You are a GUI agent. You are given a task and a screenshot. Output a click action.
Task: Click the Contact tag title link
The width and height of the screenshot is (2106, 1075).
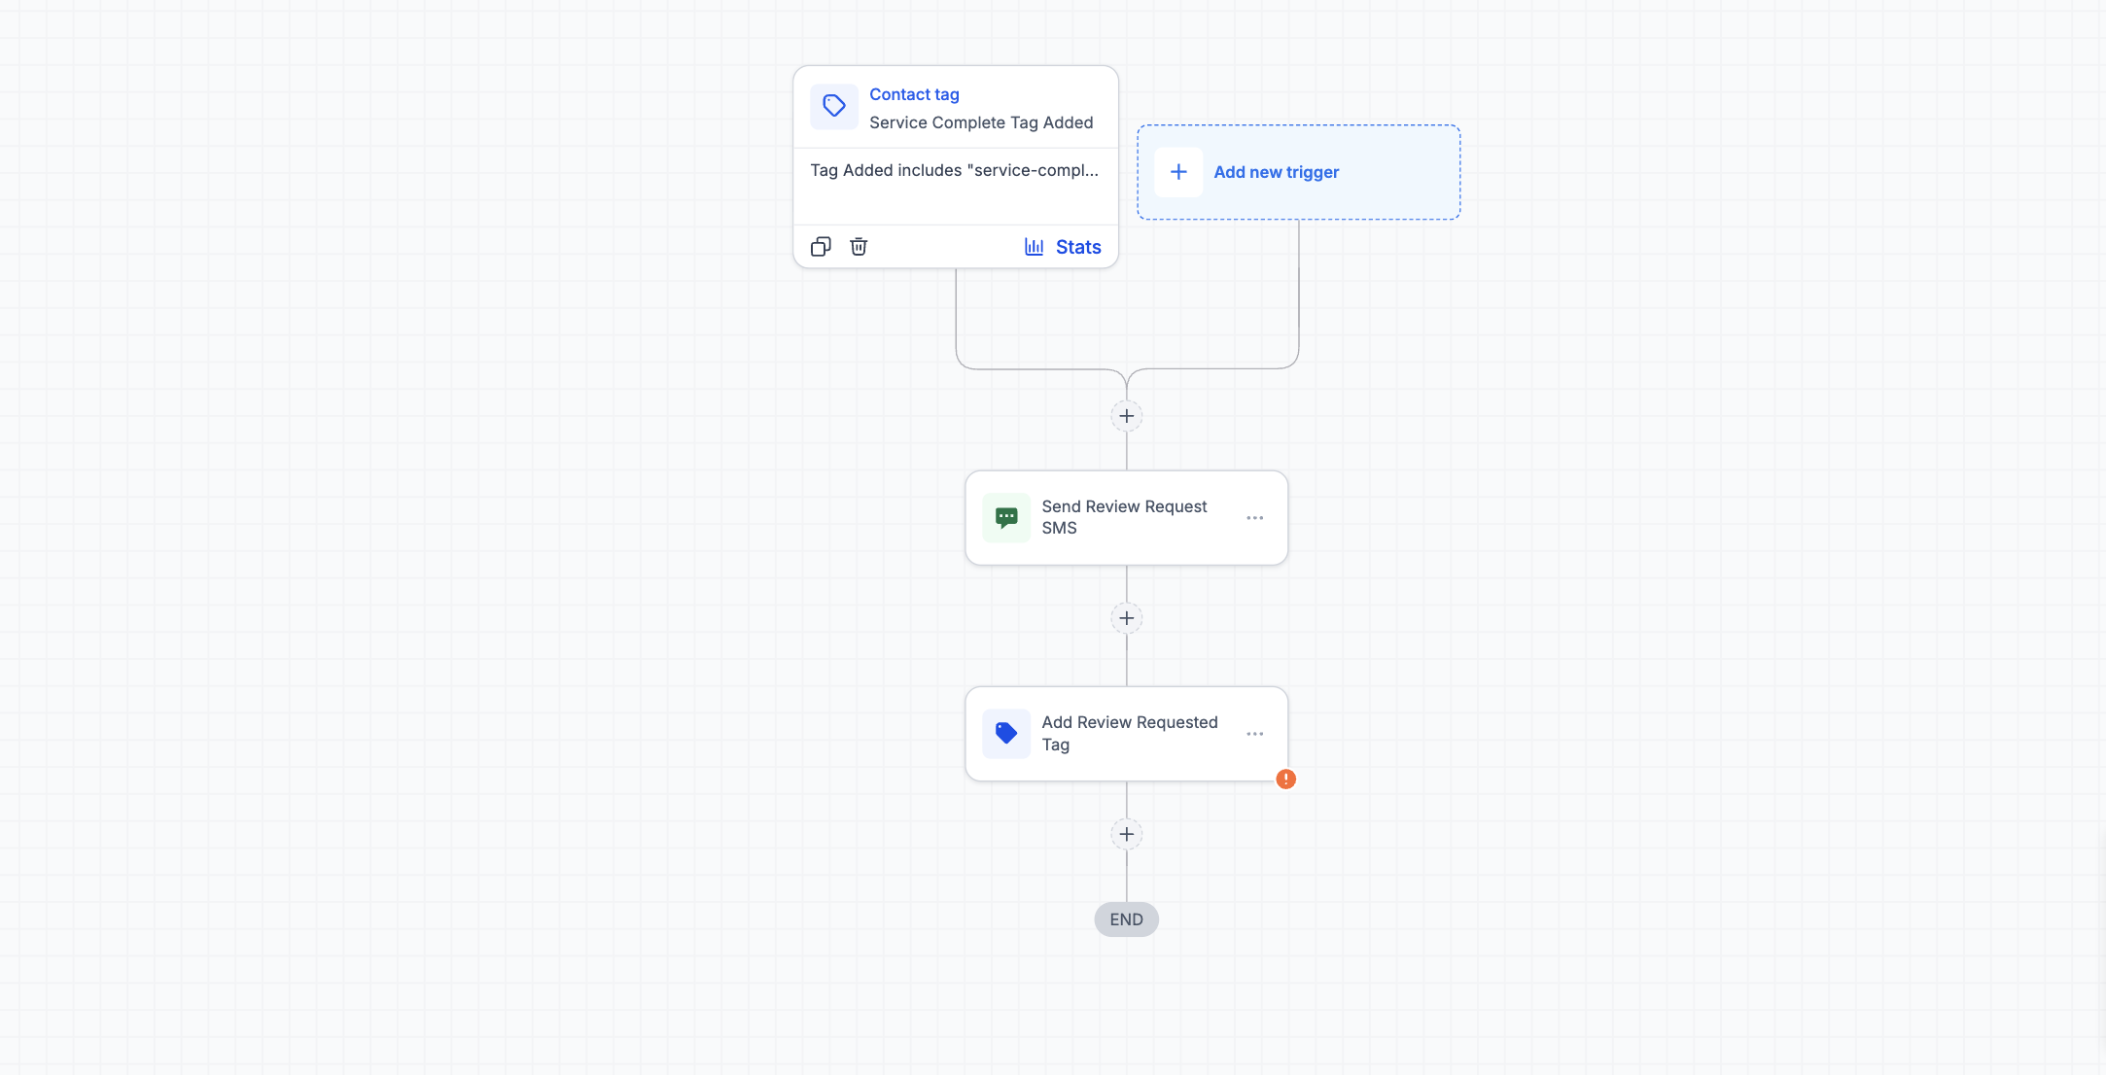point(914,94)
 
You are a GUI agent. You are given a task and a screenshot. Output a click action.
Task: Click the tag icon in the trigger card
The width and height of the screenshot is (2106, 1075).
point(834,106)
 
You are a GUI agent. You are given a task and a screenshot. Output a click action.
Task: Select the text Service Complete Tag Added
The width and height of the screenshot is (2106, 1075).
point(981,122)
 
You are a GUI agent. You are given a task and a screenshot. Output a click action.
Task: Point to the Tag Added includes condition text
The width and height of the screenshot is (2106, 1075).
point(955,170)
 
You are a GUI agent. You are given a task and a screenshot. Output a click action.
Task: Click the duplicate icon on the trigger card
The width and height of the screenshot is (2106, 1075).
point(821,247)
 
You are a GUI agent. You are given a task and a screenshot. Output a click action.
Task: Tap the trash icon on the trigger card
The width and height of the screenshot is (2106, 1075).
point(859,247)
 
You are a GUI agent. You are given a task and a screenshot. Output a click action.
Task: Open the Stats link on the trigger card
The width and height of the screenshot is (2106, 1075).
point(1078,247)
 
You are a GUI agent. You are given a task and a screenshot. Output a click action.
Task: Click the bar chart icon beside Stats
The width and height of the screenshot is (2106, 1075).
point(1035,247)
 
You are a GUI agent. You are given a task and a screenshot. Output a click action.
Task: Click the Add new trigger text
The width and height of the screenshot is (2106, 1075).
point(1277,172)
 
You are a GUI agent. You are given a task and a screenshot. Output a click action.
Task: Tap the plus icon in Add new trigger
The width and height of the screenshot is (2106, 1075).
point(1178,172)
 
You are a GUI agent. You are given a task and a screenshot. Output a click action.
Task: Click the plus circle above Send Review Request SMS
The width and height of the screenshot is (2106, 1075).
point(1127,416)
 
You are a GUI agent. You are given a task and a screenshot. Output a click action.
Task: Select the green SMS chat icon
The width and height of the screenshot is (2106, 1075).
point(1006,517)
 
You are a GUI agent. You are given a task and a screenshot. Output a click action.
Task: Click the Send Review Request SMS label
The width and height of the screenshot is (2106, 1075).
point(1124,517)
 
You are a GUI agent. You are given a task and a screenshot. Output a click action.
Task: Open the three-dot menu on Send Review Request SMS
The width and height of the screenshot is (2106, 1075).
point(1255,518)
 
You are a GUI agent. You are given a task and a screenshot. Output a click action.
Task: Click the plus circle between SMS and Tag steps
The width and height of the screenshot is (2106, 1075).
point(1127,618)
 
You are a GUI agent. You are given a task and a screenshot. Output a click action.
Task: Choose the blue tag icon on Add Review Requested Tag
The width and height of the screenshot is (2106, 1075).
point(1006,734)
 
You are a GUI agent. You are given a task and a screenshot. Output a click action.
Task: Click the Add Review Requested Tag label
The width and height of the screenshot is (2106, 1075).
point(1130,734)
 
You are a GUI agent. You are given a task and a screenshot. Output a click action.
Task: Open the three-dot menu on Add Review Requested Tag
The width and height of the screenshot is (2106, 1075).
point(1255,734)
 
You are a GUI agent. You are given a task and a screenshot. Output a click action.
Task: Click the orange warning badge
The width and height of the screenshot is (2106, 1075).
point(1286,779)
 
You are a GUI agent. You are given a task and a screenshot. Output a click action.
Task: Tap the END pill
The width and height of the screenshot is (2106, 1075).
point(1127,919)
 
